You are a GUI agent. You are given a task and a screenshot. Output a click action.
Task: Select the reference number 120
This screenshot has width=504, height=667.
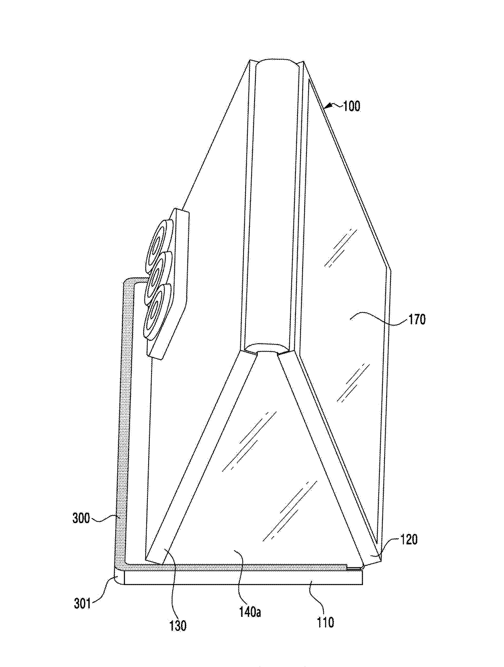tap(407, 539)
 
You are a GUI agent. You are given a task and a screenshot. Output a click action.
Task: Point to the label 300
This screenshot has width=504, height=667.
tap(81, 518)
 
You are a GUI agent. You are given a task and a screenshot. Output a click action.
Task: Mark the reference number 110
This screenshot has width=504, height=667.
tap(325, 622)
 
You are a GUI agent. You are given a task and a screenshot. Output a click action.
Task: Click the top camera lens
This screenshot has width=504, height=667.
tap(157, 239)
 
